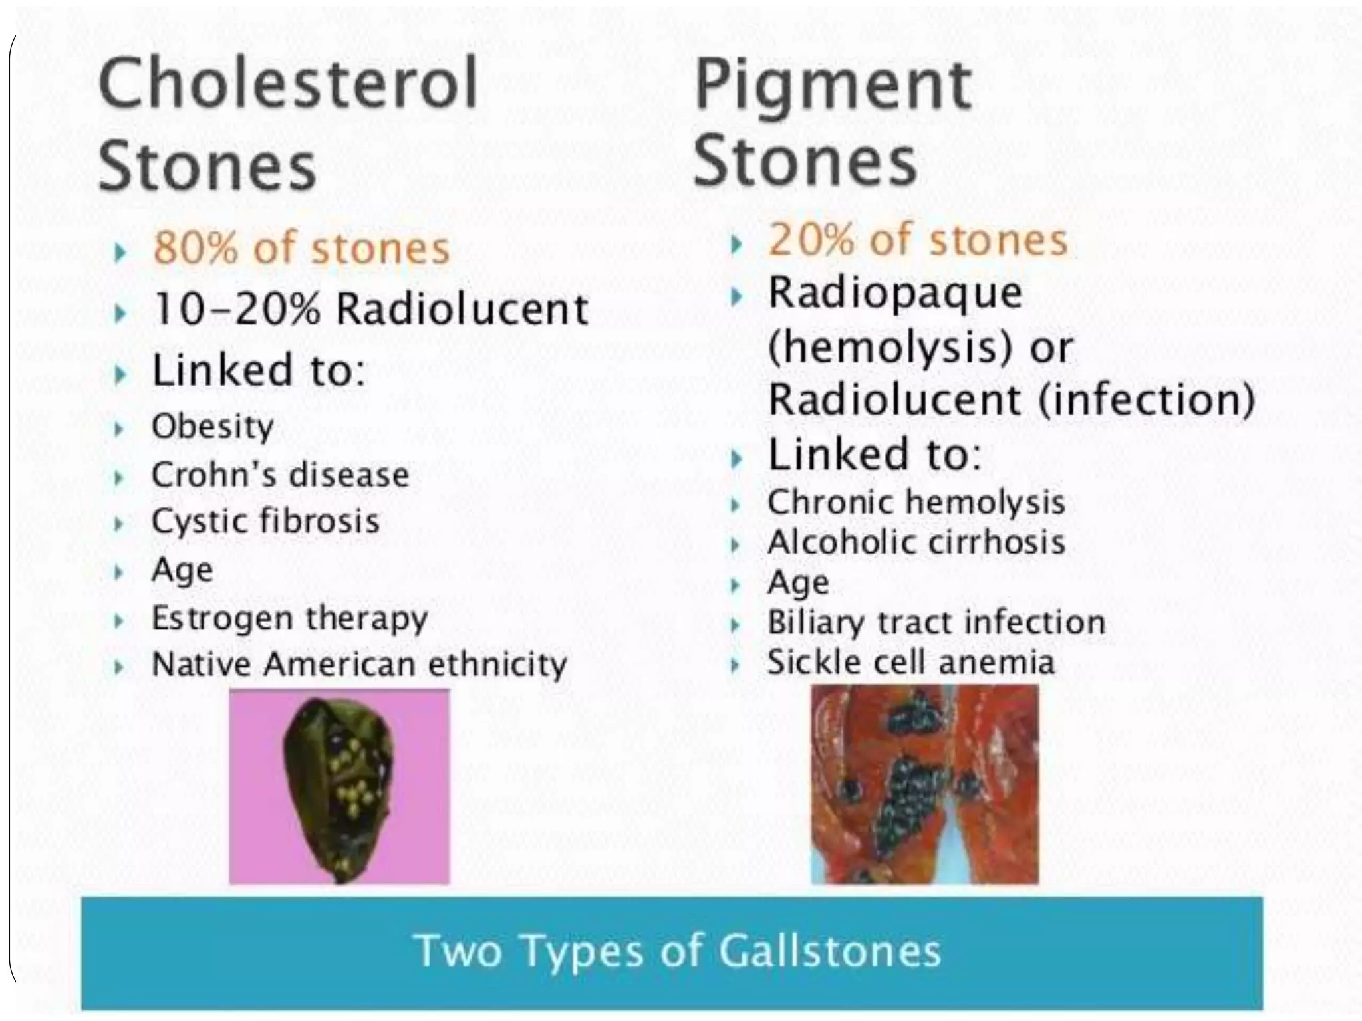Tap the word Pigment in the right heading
tap(833, 86)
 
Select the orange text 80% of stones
tap(301, 249)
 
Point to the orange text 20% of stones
tap(918, 240)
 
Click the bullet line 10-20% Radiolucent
tap(370, 310)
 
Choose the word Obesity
tap(212, 427)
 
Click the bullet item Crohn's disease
tap(279, 475)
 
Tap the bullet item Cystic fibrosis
tap(265, 521)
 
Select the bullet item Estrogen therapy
tap(289, 618)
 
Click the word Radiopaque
tap(894, 294)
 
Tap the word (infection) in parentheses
tap(1145, 400)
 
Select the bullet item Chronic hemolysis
tap(916, 503)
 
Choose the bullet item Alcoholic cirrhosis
tap(916, 542)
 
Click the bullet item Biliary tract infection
tap(936, 623)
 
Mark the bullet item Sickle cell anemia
tap(910, 663)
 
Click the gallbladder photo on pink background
tap(339, 786)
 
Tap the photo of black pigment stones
tap(924, 784)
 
